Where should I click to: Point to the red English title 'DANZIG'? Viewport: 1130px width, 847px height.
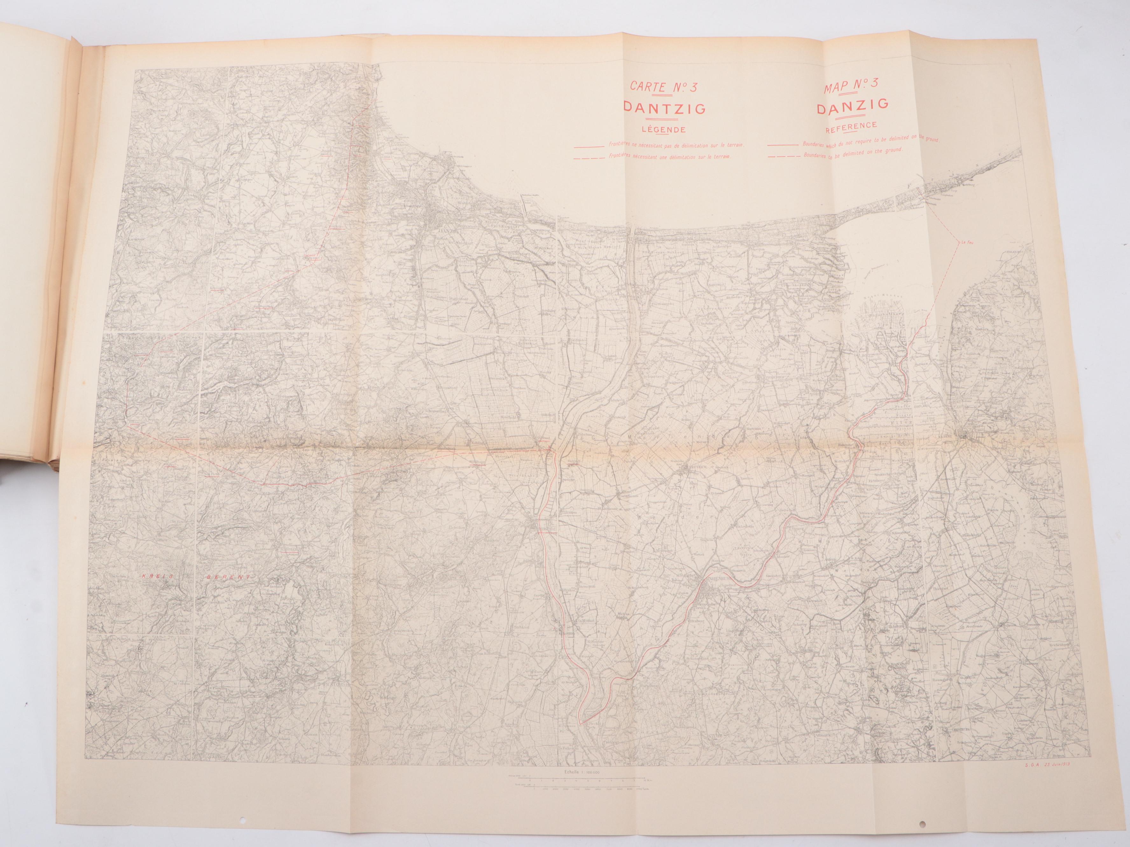pyautogui.click(x=854, y=109)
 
